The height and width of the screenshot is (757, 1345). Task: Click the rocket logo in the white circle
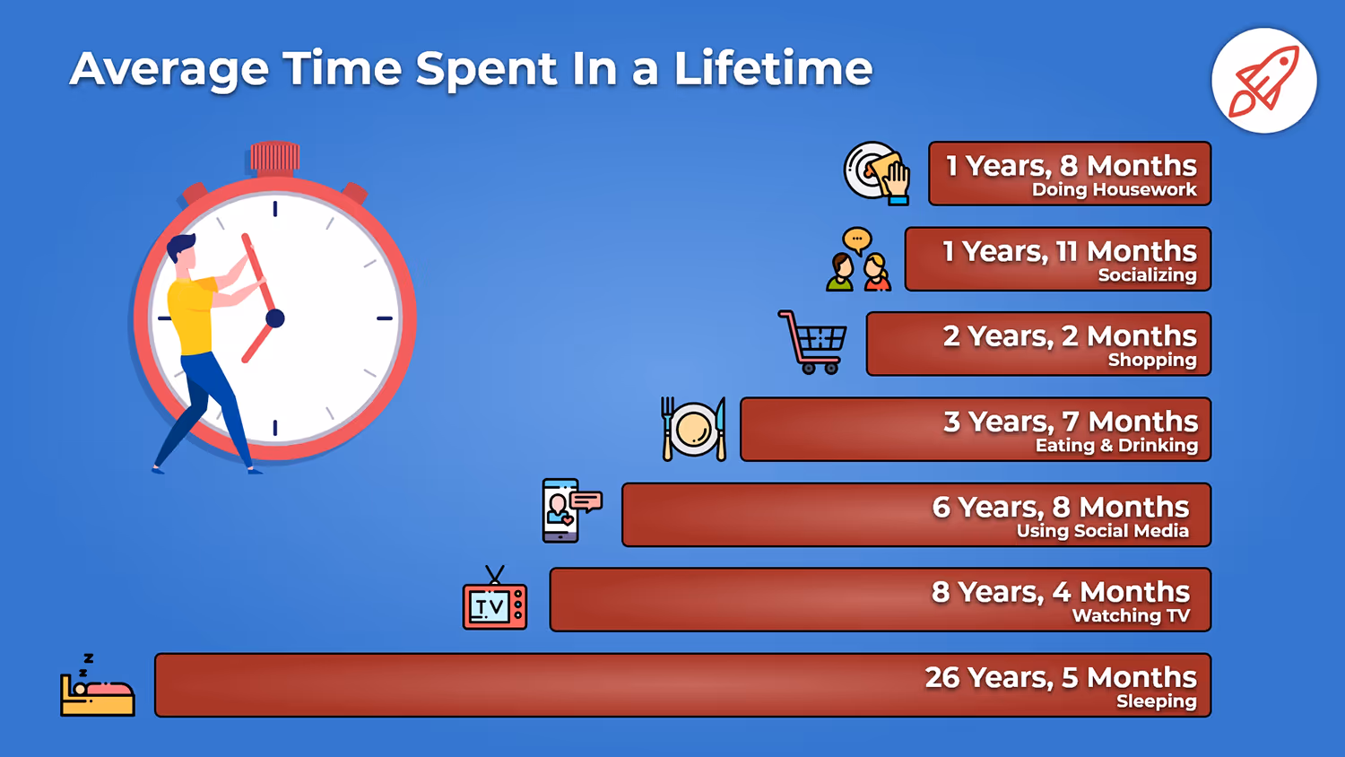pos(1263,81)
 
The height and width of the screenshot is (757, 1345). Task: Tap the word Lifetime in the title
pos(773,69)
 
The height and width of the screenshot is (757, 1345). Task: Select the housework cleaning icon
pos(877,173)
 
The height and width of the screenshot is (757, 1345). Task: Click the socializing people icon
pos(858,260)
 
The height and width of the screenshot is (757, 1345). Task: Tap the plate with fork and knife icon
pos(693,429)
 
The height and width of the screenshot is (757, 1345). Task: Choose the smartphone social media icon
pos(570,510)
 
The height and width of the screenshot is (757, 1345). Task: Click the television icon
pos(495,603)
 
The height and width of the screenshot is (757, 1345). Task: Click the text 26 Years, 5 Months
pos(1060,677)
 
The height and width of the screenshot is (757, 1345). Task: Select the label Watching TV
pos(1131,616)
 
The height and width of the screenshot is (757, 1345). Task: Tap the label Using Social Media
pos(1102,531)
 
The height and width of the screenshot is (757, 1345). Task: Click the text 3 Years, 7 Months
pos(1070,422)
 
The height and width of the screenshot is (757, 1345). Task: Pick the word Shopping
pos(1151,361)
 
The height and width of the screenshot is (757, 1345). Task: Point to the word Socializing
pos(1147,275)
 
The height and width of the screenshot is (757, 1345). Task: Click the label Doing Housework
pos(1114,190)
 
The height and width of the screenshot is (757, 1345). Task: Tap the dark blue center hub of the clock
pos(275,318)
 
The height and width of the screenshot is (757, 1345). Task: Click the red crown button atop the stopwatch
pos(274,156)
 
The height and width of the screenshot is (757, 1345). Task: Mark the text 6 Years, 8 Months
pos(1060,507)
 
